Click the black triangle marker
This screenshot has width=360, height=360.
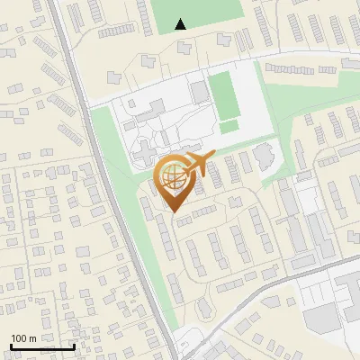click(x=181, y=24)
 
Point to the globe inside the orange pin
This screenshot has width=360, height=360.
click(x=172, y=176)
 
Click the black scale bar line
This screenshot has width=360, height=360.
click(x=42, y=346)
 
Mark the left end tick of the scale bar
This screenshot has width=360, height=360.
click(x=11, y=345)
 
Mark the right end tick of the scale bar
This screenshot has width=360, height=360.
click(x=74, y=345)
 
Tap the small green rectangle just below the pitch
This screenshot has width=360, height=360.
click(x=229, y=126)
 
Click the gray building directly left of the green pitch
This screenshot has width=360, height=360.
click(x=198, y=92)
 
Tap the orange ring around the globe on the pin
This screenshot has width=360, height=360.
click(x=159, y=176)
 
